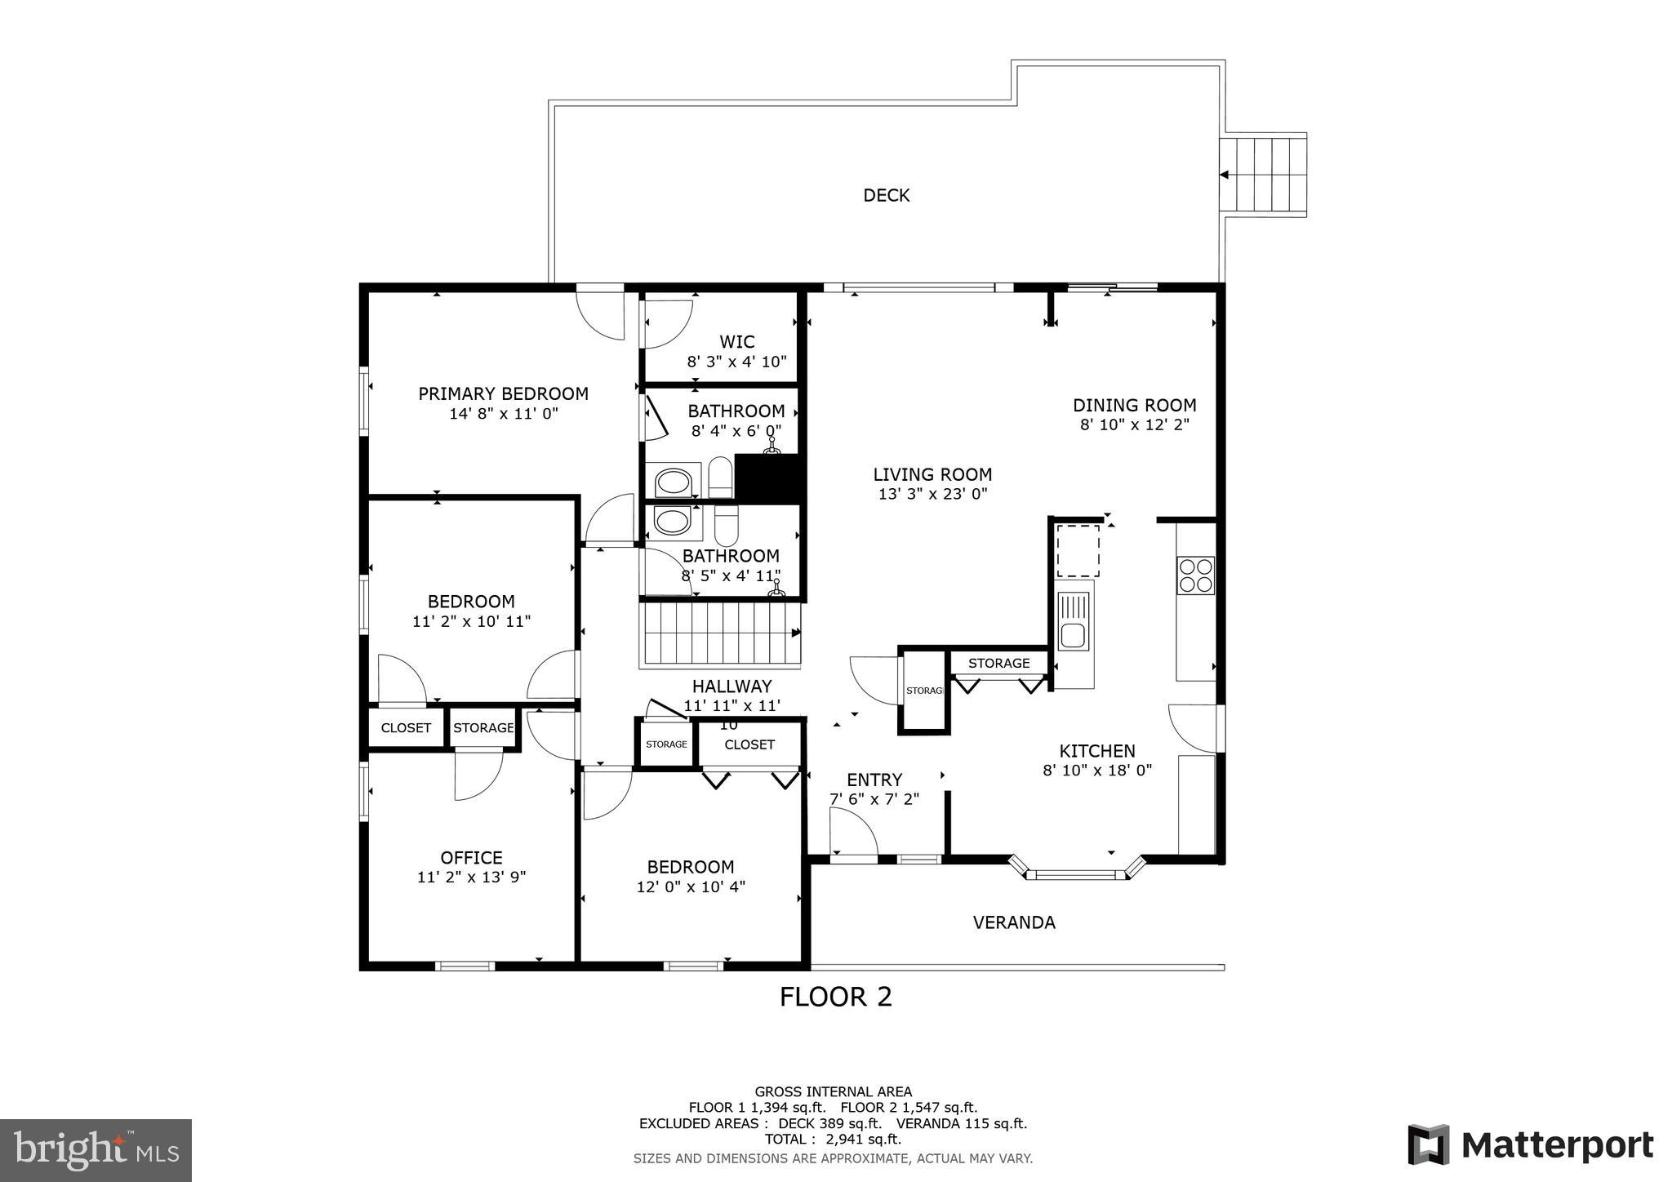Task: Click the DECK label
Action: coord(886,195)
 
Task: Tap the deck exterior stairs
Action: coord(1263,174)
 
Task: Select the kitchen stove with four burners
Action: coord(1195,575)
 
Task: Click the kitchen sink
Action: coord(1072,634)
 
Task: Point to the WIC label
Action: coord(736,342)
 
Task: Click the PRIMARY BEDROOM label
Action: coord(503,393)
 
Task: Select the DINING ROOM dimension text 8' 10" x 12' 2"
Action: coord(1134,424)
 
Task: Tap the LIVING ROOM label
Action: coord(932,474)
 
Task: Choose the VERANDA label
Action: coord(1014,922)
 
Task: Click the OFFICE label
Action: coord(471,857)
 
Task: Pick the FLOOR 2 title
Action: coord(835,997)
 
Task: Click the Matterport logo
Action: coord(1530,1144)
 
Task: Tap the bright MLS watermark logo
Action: coord(96,1150)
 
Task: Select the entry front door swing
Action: coord(853,837)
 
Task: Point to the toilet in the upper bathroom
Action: coord(719,477)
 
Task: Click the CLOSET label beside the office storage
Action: coord(406,727)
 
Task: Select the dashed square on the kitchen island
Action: coord(1078,551)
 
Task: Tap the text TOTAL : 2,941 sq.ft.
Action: coord(833,1139)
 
